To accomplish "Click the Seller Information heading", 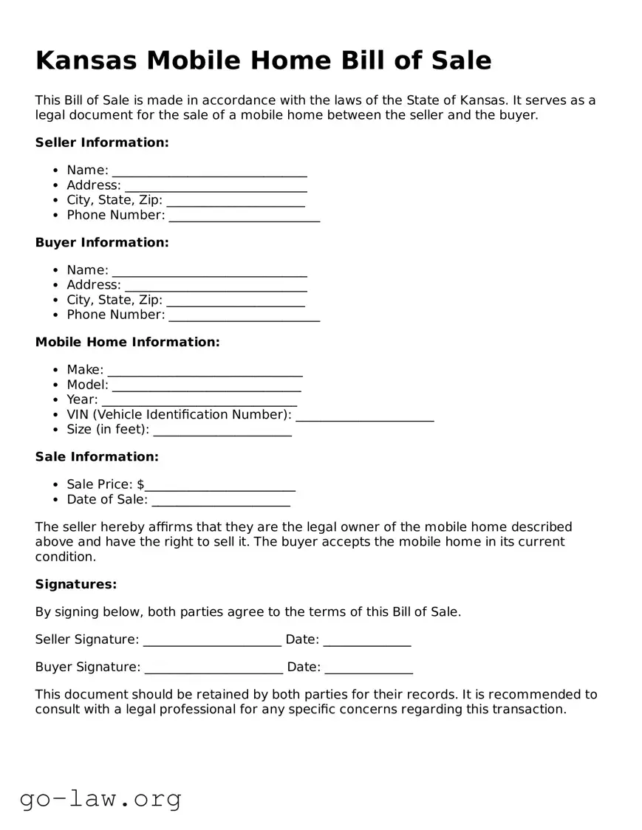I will [102, 143].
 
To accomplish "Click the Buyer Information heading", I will [102, 242].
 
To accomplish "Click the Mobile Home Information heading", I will [127, 342].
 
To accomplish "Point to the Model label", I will [87, 385].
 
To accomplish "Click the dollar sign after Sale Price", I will [140, 484].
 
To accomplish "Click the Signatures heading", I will [76, 584].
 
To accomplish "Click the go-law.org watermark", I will [100, 798].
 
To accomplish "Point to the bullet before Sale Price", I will [57, 485].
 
